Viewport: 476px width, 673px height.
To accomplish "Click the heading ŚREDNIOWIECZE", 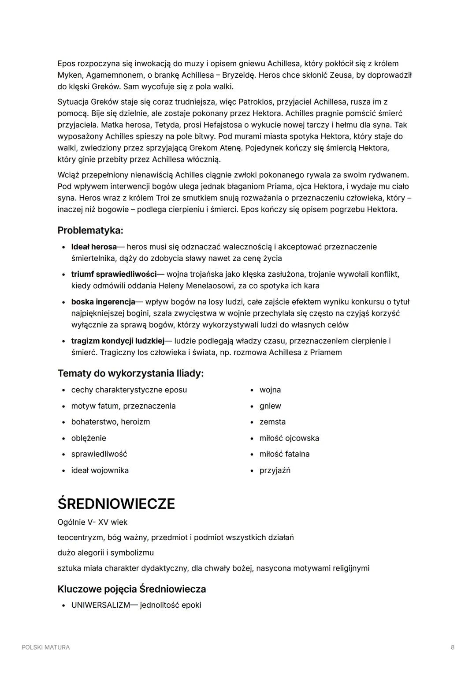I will (116, 504).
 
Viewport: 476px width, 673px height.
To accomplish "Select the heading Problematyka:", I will (90, 230).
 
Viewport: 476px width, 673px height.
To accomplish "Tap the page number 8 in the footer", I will (453, 647).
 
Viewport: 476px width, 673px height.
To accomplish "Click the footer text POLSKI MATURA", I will (45, 647).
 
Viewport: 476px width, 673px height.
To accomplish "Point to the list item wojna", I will (270, 390).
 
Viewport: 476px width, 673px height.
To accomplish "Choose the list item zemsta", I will (272, 422).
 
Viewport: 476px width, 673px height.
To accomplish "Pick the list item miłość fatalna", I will (284, 454).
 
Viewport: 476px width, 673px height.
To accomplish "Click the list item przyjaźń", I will (275, 470).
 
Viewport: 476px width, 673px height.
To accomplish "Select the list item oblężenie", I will (89, 438).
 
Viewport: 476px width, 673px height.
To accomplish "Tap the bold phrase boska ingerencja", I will (103, 302).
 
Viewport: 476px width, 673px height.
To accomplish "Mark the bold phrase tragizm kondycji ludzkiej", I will (118, 341).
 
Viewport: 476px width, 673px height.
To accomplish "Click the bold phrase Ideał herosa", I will (94, 247).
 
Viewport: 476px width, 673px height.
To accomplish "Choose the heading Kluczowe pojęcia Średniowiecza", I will (132, 589).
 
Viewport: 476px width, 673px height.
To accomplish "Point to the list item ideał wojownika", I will (100, 470).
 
